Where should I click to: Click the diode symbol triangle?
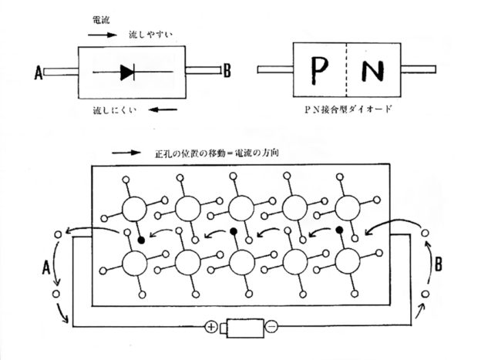point(127,73)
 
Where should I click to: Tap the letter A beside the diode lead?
point(37,74)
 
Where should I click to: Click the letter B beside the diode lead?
point(227,73)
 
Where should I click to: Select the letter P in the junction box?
point(320,72)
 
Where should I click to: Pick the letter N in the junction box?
point(373,72)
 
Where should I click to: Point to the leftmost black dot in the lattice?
point(140,241)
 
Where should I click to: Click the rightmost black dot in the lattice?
point(339,230)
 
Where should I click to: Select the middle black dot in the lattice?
point(233,231)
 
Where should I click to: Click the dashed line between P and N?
point(346,72)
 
